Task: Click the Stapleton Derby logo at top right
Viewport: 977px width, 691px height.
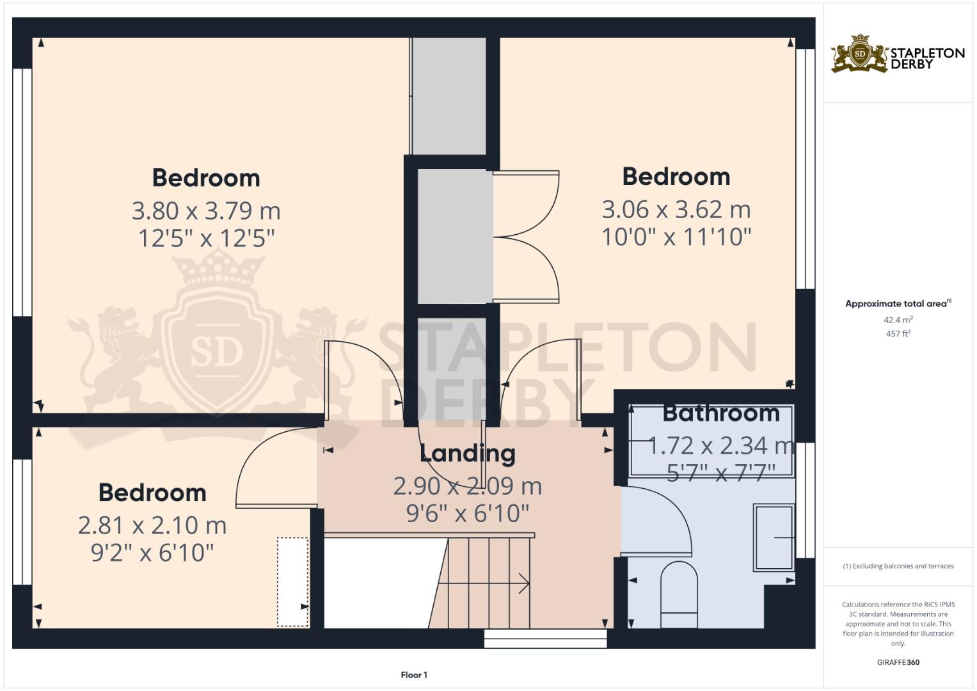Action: (897, 54)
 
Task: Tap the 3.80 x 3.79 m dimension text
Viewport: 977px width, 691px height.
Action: (206, 210)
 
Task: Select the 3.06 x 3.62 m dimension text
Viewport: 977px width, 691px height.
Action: (676, 209)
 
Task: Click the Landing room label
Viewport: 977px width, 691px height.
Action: (467, 453)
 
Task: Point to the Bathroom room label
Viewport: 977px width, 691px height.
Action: (720, 413)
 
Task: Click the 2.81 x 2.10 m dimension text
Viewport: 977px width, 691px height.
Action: (152, 525)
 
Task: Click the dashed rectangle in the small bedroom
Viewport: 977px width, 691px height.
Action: (292, 582)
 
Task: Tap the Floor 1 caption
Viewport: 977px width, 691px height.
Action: (414, 674)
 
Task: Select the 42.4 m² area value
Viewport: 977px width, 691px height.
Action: (898, 319)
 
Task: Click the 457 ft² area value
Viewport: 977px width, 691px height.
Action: (898, 333)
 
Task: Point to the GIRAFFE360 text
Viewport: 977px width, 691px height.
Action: (898, 662)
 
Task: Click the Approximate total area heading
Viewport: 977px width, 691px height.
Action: (897, 304)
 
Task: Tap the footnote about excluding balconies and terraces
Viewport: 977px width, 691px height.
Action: (898, 566)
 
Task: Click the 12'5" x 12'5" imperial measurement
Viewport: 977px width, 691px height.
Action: (206, 239)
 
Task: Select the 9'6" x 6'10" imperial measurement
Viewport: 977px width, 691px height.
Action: (467, 513)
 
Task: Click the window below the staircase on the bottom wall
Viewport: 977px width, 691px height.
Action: (545, 639)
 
